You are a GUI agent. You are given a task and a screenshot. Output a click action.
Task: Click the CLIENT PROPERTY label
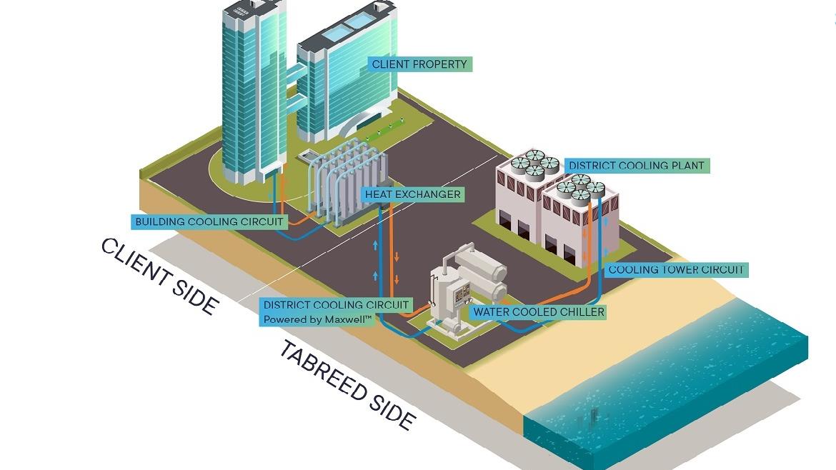[419, 64]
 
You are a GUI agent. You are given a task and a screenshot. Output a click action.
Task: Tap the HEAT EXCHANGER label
[413, 194]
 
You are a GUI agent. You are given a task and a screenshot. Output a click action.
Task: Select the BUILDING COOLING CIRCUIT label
[209, 221]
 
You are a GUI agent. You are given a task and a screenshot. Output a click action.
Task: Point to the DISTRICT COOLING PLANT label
[637, 166]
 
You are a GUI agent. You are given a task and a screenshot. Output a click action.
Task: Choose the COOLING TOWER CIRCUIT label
[676, 269]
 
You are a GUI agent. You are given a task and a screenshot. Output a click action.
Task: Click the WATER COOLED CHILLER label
[539, 311]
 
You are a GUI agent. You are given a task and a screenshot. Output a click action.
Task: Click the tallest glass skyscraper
[254, 91]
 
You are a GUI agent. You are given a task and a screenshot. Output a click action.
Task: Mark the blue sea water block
[667, 384]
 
